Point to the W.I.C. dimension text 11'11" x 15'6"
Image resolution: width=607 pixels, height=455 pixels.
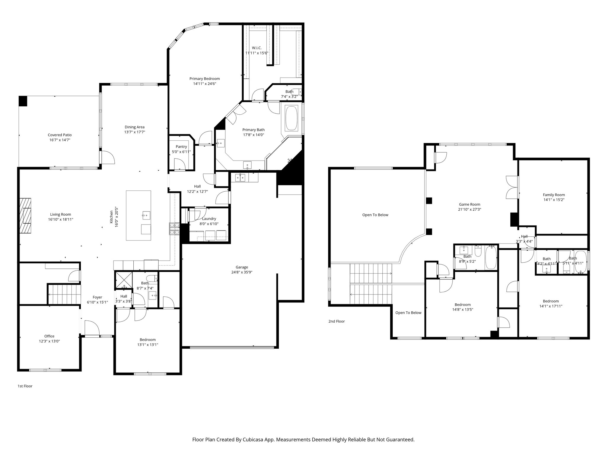point(257,53)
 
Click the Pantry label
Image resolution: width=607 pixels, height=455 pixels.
point(181,147)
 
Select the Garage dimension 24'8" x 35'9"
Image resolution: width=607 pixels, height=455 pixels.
point(242,272)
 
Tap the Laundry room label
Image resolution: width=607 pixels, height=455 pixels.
point(209,219)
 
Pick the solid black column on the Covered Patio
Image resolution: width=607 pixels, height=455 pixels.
point(23,101)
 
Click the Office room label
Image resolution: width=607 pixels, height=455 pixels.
point(49,336)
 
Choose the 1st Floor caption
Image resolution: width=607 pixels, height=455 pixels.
point(25,386)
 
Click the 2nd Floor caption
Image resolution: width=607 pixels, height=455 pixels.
point(336,321)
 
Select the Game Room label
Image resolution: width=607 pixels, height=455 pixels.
point(469,204)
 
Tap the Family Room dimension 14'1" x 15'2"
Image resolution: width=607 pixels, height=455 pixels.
point(554,200)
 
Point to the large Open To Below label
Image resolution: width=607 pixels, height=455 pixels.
point(375,215)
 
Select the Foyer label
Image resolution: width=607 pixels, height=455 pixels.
point(97,297)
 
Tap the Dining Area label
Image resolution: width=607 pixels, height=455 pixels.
point(135,127)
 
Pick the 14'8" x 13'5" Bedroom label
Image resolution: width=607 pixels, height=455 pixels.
point(462,305)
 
